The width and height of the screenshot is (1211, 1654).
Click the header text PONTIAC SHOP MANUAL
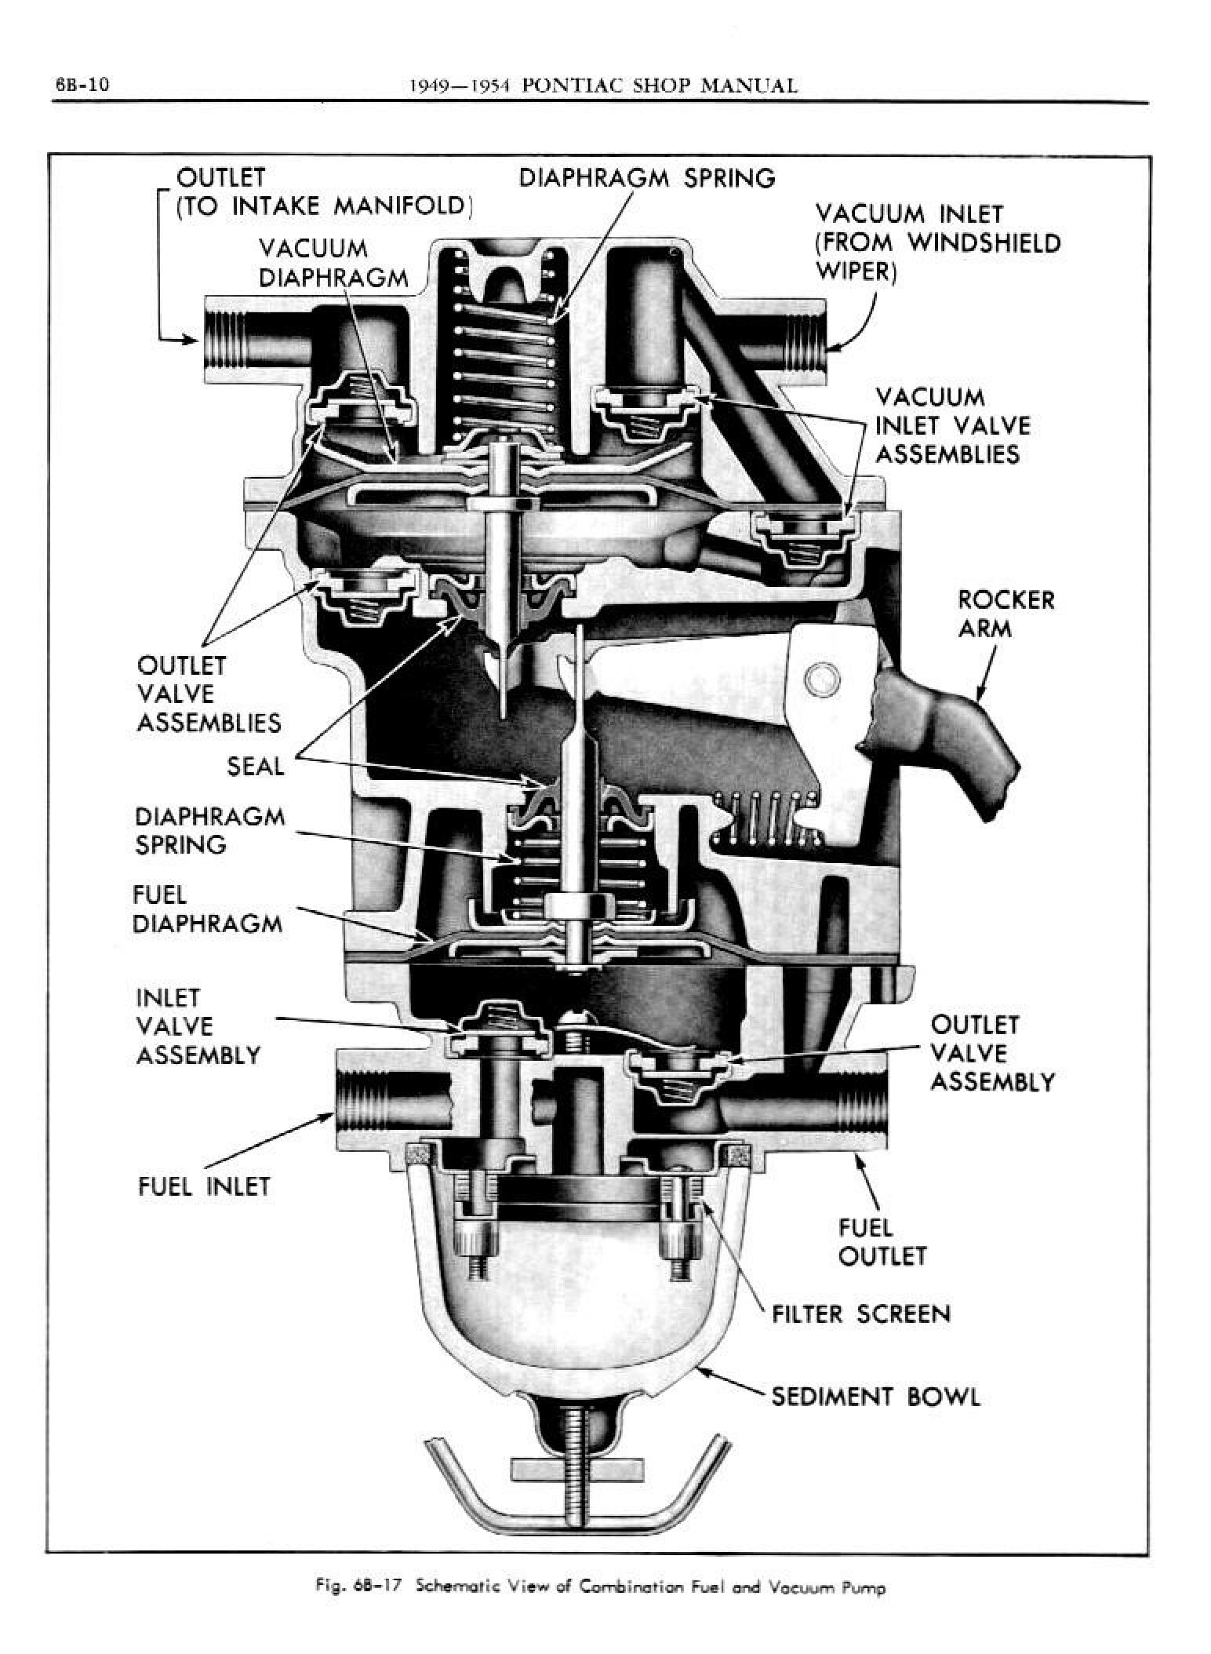pos(659,86)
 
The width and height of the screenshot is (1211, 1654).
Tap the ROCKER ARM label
pos(1006,614)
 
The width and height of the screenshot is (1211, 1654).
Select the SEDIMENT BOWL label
pos(875,1396)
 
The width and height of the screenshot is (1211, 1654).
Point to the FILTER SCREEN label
pos(860,1313)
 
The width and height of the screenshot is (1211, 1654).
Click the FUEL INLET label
pos(204,1186)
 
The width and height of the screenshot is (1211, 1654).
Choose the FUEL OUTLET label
pos(882,1242)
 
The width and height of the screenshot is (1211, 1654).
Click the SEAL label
pos(255,767)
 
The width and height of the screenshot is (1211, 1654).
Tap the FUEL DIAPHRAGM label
pos(207,909)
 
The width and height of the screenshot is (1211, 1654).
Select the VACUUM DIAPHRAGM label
pos(333,263)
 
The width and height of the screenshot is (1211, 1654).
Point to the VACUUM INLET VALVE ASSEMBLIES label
pos(951,425)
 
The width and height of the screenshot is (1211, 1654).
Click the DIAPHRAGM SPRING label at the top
pos(647,178)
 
